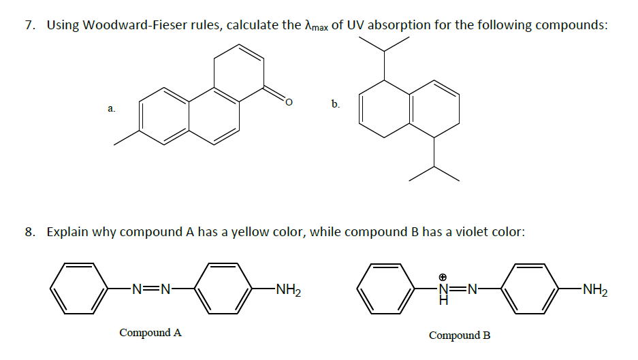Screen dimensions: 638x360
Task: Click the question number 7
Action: pyautogui.click(x=29, y=26)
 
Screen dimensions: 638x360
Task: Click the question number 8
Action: pyautogui.click(x=29, y=232)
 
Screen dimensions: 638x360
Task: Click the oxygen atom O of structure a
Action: pyautogui.click(x=288, y=103)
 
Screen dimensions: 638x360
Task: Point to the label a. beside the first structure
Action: pyautogui.click(x=111, y=108)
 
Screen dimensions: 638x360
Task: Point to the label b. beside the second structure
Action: pyautogui.click(x=335, y=104)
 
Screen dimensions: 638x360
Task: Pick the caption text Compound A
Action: pyautogui.click(x=150, y=333)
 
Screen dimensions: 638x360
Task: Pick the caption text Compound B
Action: pyautogui.click(x=459, y=336)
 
